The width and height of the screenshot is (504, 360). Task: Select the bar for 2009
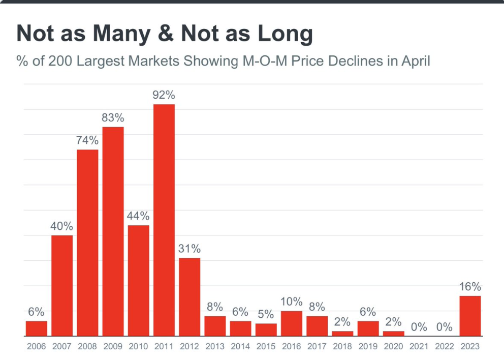coord(113,231)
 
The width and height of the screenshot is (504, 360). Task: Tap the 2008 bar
coord(87,243)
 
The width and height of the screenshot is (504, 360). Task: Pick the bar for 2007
coord(62,285)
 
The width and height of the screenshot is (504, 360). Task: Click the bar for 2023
coord(470,316)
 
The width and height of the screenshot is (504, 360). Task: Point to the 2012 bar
coord(190,297)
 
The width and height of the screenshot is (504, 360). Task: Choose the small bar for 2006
coord(37,328)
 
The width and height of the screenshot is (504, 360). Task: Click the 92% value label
coord(164,95)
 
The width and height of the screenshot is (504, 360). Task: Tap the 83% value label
coord(113,117)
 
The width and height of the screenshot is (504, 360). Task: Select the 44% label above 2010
coord(138,216)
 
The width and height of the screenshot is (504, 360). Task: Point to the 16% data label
coord(470,286)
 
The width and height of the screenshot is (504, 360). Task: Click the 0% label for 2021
coord(419,327)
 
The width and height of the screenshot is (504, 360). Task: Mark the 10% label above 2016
coord(291,302)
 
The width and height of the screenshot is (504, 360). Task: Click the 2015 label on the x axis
coord(266,347)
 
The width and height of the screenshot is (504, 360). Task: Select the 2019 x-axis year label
coord(368,347)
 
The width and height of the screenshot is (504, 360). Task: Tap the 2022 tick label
coord(444,347)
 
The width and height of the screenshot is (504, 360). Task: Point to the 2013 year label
coord(215,347)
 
